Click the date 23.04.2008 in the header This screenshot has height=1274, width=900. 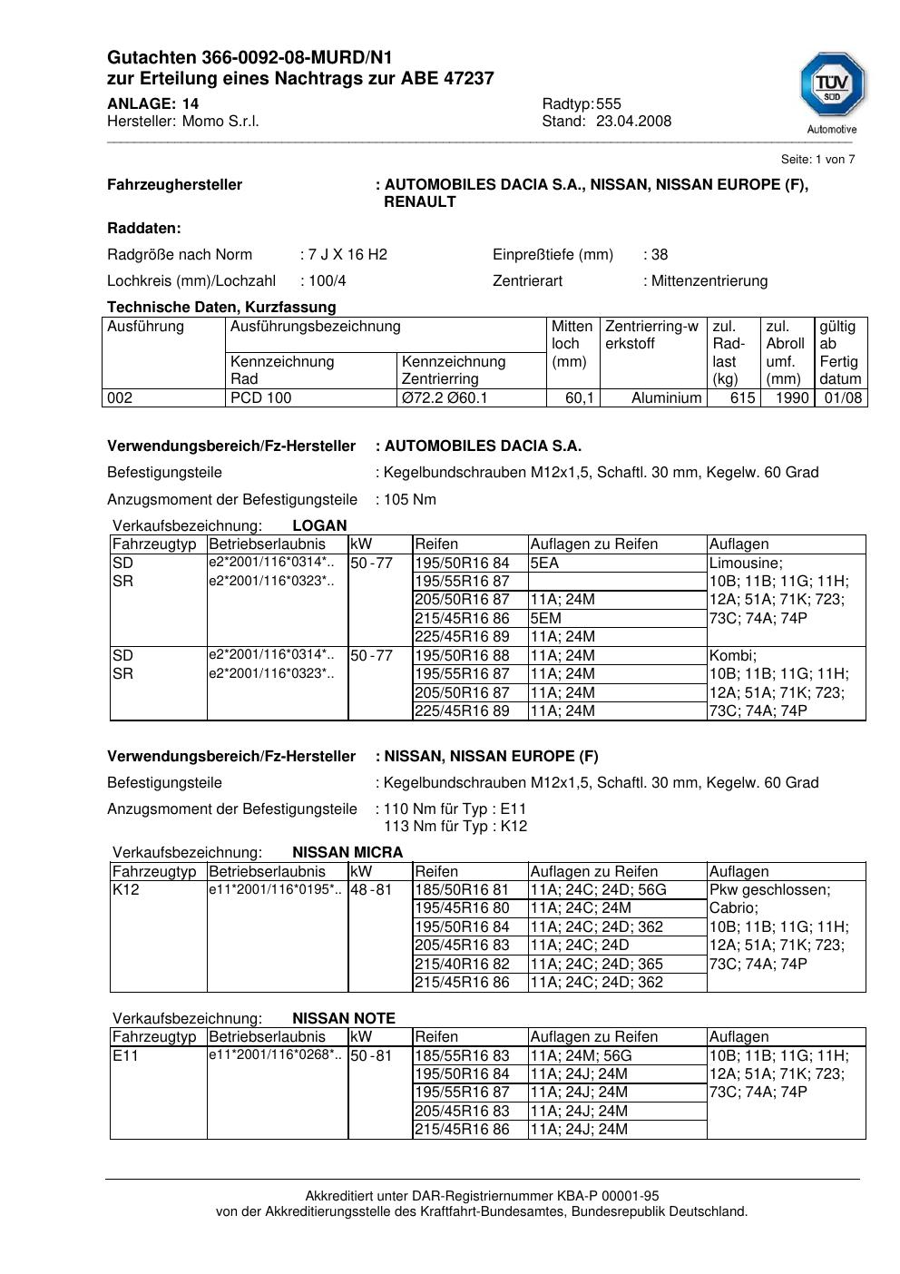tap(633, 122)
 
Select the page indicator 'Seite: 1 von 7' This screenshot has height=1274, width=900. tap(817, 160)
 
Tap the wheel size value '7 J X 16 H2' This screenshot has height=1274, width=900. tap(347, 255)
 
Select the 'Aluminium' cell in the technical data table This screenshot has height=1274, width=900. tap(667, 398)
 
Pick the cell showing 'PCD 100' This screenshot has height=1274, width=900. tap(261, 398)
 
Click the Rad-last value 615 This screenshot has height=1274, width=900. tap(742, 398)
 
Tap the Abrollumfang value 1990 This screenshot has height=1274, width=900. tap(792, 398)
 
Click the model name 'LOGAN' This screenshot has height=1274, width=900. tap(319, 526)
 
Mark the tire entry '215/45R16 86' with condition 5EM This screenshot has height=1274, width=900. tap(462, 619)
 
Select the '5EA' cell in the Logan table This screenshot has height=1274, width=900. tap(544, 563)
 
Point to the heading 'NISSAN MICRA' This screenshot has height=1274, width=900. tap(347, 853)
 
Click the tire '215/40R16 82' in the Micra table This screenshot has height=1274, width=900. tap(462, 965)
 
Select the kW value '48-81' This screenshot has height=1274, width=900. tap(371, 890)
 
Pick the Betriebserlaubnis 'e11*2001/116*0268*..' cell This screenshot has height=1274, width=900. tap(276, 1055)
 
